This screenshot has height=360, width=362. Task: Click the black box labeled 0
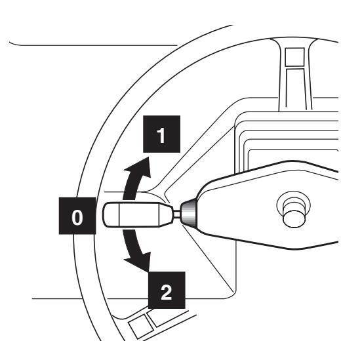(x=77, y=216)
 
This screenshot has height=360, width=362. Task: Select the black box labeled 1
(x=161, y=134)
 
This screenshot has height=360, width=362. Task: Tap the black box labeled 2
(x=167, y=290)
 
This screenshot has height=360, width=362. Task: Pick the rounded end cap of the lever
(x=111, y=214)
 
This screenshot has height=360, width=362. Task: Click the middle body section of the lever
(x=139, y=214)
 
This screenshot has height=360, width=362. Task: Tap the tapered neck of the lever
(x=166, y=214)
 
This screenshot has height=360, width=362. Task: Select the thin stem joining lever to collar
(x=176, y=214)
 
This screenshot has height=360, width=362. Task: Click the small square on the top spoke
(x=294, y=57)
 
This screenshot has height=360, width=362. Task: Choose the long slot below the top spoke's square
(x=296, y=89)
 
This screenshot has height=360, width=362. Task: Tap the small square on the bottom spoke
(x=141, y=327)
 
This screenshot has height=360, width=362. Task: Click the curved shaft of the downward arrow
(x=131, y=243)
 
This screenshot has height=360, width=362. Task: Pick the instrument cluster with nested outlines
(x=287, y=141)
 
